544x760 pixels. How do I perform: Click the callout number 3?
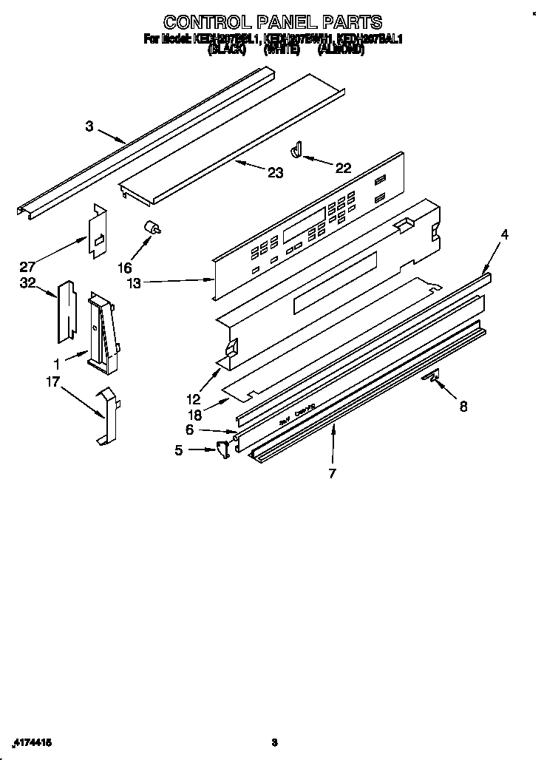[x=89, y=126]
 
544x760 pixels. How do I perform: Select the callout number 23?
[x=275, y=173]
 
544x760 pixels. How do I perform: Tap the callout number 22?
[x=343, y=168]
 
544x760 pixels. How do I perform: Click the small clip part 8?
[x=433, y=378]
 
